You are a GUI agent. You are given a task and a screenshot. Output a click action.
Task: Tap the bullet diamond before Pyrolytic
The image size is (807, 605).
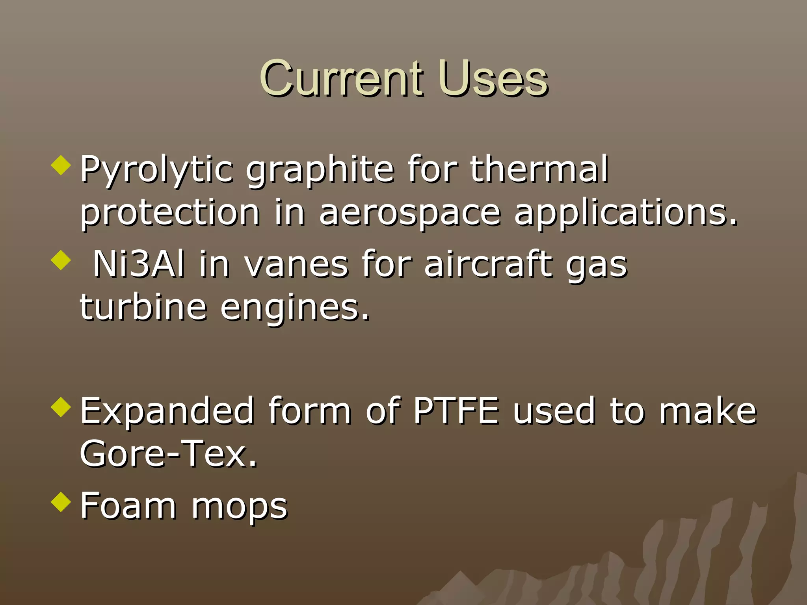(x=61, y=165)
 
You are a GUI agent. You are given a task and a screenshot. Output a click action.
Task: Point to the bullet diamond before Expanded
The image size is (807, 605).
(x=61, y=407)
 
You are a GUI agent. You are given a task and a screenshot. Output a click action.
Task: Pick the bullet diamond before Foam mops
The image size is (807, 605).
(x=61, y=502)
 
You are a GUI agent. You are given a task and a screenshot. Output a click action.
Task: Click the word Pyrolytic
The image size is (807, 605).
(x=157, y=170)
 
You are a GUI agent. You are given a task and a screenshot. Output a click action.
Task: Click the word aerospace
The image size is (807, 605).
(x=410, y=213)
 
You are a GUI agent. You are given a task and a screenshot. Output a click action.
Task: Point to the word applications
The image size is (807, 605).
(x=626, y=213)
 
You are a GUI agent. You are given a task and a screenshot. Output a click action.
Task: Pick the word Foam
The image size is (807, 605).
(x=128, y=506)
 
